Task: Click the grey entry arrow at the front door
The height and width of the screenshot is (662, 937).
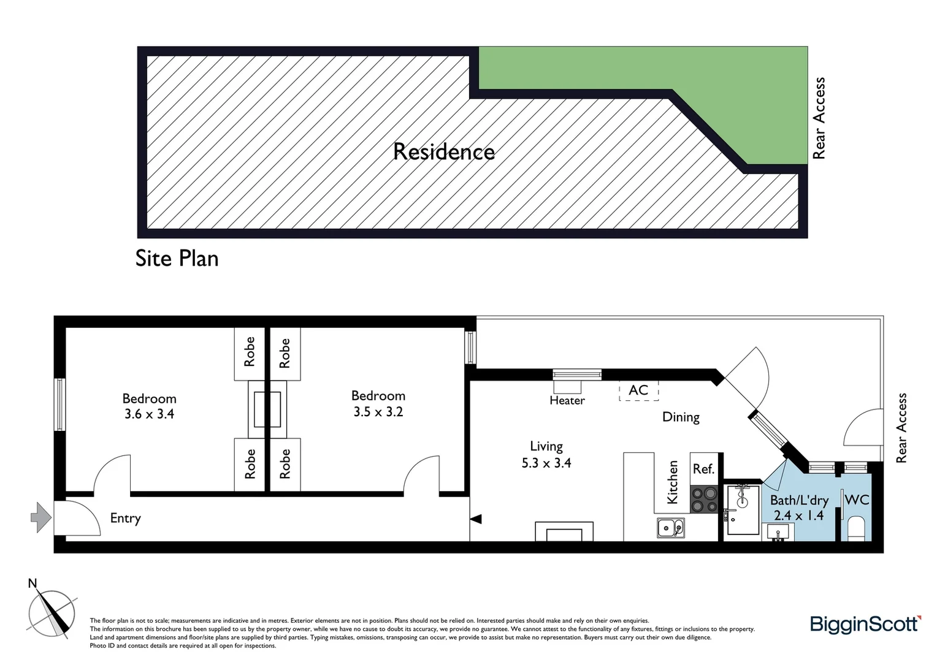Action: pyautogui.click(x=40, y=517)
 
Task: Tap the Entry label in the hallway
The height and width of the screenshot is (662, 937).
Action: pyautogui.click(x=125, y=518)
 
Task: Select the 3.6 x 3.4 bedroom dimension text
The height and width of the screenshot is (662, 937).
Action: pyautogui.click(x=149, y=414)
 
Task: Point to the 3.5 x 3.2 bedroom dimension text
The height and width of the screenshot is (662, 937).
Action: pyautogui.click(x=378, y=412)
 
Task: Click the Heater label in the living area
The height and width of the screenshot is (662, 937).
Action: pyautogui.click(x=567, y=400)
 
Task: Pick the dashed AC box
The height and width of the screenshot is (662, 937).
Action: pyautogui.click(x=638, y=390)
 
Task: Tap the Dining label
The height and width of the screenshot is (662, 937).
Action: pyautogui.click(x=681, y=417)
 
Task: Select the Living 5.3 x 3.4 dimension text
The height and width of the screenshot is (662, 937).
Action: pyautogui.click(x=546, y=463)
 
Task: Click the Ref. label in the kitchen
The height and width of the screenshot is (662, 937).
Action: pyautogui.click(x=703, y=469)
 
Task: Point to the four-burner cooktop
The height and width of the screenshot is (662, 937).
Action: pyautogui.click(x=703, y=498)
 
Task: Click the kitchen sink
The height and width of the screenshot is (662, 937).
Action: pyautogui.click(x=670, y=527)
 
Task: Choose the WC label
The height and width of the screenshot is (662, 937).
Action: pyautogui.click(x=857, y=500)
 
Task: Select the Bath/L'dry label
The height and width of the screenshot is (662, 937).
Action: pyautogui.click(x=799, y=500)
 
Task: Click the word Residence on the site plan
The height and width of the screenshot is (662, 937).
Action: pyautogui.click(x=443, y=151)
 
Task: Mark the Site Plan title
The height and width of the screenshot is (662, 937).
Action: pyautogui.click(x=177, y=258)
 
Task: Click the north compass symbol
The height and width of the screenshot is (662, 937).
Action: pyautogui.click(x=52, y=612)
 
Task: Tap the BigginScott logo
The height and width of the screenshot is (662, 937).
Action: pyautogui.click(x=865, y=625)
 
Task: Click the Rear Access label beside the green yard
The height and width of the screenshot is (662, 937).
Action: pyautogui.click(x=819, y=118)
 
